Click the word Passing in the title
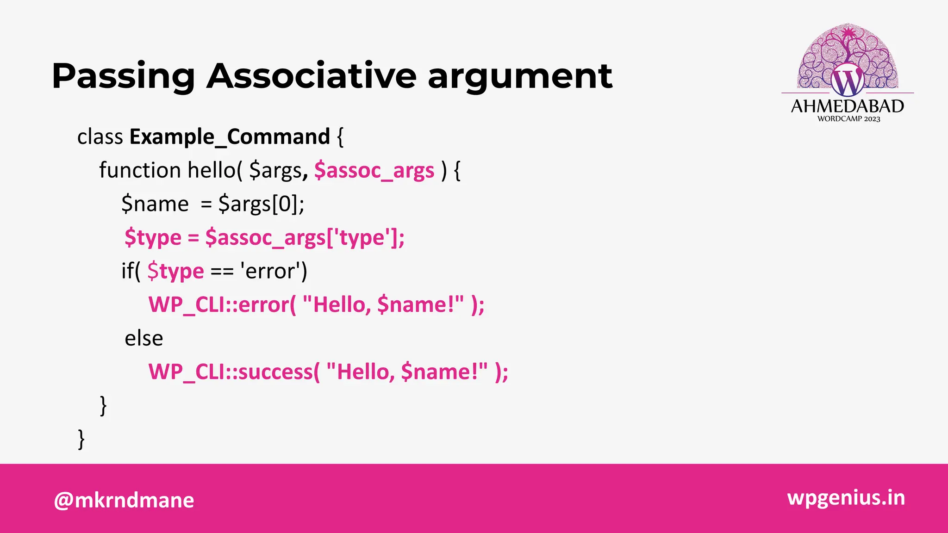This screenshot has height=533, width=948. point(123,76)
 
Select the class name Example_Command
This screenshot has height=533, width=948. point(230,137)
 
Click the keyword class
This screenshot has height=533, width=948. point(100,137)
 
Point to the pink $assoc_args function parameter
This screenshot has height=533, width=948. point(374,171)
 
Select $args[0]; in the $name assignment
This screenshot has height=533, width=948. point(261,204)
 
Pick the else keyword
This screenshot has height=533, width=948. point(143,339)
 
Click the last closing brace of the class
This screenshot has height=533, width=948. point(81,439)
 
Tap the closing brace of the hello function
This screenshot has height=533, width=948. point(103,406)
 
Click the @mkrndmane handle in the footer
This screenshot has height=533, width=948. point(124,500)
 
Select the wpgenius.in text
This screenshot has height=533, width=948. point(846,497)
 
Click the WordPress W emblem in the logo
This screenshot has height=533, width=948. point(847,81)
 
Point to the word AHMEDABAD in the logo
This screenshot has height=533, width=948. point(847,106)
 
